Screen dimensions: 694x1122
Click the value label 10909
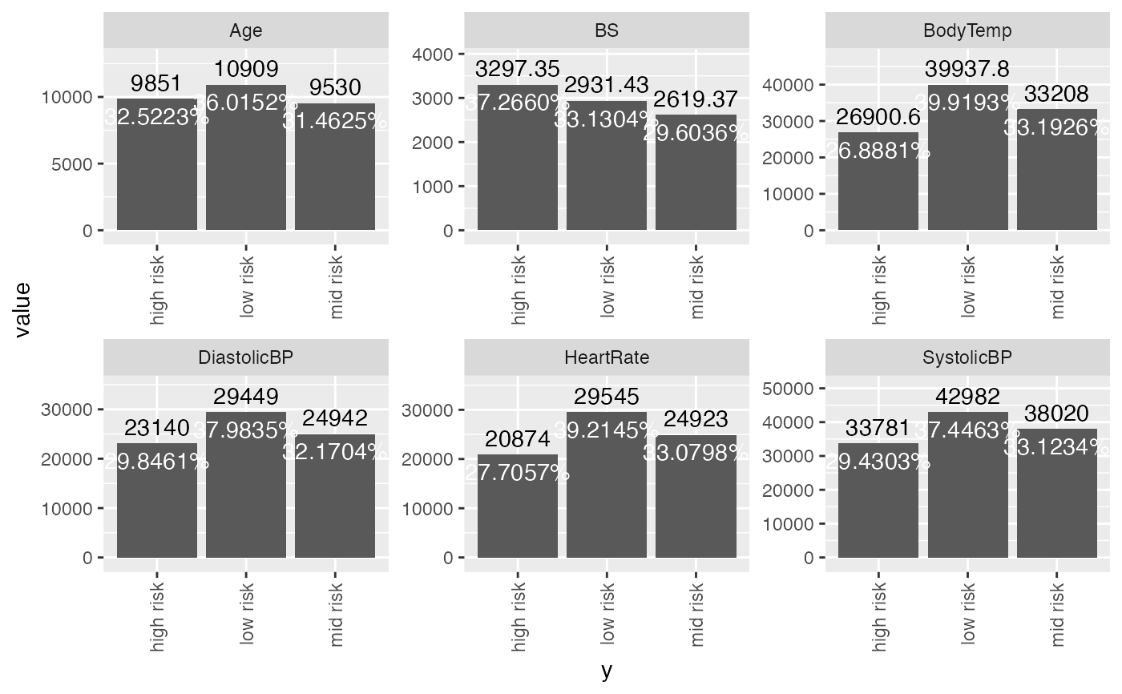(x=246, y=69)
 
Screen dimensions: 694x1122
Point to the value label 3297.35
(x=518, y=69)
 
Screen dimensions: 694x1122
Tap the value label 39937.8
(x=968, y=69)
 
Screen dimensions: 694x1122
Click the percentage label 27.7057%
(x=518, y=473)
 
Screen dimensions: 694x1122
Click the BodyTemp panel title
(x=967, y=31)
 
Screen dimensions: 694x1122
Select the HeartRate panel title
(x=607, y=358)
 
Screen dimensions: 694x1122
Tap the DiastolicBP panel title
(x=246, y=358)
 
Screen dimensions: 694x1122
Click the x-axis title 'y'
(x=607, y=671)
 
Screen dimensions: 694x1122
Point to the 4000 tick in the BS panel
(x=434, y=54)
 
